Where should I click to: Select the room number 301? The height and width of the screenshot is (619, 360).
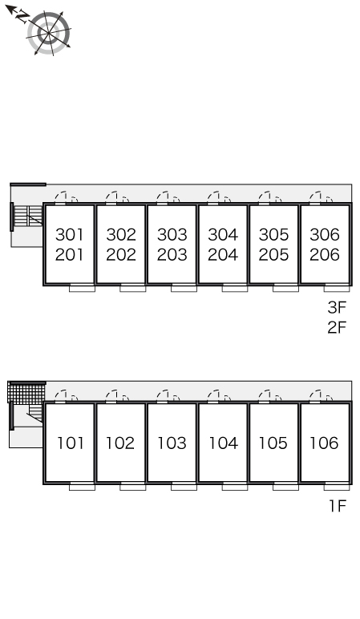[70, 234]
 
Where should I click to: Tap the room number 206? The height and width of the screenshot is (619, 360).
[325, 255]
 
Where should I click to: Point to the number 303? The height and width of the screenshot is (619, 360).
[172, 234]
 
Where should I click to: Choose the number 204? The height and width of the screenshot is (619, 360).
[223, 255]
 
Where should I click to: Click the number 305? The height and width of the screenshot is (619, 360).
[273, 234]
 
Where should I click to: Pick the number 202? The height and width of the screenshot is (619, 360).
[121, 255]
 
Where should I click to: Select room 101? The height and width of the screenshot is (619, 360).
[71, 443]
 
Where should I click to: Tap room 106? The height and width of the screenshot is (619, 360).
[324, 443]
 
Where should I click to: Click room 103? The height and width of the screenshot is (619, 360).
[172, 443]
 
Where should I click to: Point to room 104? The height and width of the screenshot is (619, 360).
[223, 443]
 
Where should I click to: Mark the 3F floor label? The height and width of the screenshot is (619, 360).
[337, 308]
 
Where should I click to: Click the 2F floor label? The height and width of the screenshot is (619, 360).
[337, 327]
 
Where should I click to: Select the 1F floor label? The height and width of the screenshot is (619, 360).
[338, 506]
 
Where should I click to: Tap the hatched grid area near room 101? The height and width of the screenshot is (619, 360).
[26, 392]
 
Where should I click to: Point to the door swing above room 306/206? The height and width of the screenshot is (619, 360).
[321, 197]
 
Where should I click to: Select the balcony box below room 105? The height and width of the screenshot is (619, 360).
[285, 487]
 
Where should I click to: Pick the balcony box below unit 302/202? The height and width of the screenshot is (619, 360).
[132, 288]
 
